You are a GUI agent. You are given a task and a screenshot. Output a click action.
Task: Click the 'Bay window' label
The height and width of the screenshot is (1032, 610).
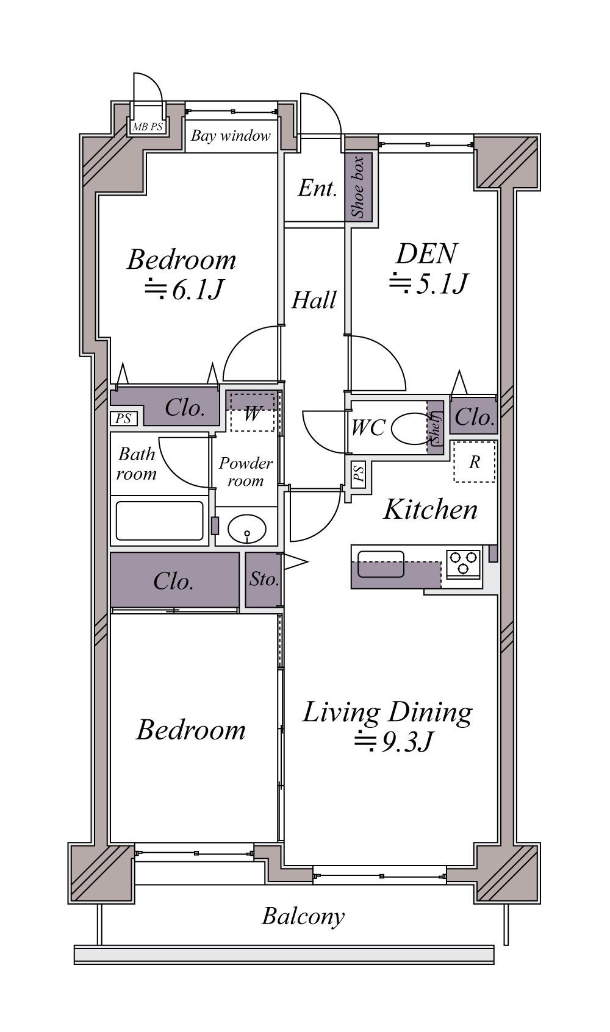point(231,135)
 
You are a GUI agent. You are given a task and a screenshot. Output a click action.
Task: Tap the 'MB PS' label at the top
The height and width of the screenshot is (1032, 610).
point(148,127)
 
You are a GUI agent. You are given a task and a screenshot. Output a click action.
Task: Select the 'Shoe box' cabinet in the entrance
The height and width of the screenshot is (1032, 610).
point(359,187)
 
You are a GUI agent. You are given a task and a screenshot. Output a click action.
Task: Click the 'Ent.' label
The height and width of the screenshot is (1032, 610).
point(317,188)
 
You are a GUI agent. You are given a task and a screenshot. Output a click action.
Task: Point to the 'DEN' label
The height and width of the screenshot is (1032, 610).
point(426,254)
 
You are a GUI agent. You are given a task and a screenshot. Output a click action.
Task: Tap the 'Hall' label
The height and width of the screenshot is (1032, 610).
point(314,300)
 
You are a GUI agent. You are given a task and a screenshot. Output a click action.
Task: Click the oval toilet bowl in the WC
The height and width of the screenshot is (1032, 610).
point(411,429)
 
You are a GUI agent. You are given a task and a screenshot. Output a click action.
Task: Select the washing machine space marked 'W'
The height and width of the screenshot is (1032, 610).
point(252,412)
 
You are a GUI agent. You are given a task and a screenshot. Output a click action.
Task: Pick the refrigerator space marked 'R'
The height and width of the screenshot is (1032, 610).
point(475,461)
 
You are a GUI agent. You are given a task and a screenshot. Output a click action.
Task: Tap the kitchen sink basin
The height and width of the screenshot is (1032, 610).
point(381,564)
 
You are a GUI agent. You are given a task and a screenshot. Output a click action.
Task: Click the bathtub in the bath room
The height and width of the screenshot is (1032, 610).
point(160,521)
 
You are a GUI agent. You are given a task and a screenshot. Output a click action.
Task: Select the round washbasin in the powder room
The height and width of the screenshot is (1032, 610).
point(247,528)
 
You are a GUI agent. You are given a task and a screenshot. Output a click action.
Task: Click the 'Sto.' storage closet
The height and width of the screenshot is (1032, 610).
point(264,580)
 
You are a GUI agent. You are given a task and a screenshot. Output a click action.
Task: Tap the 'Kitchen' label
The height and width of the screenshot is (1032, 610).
point(430,510)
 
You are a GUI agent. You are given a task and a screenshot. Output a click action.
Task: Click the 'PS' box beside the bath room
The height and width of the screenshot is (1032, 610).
point(124,418)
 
